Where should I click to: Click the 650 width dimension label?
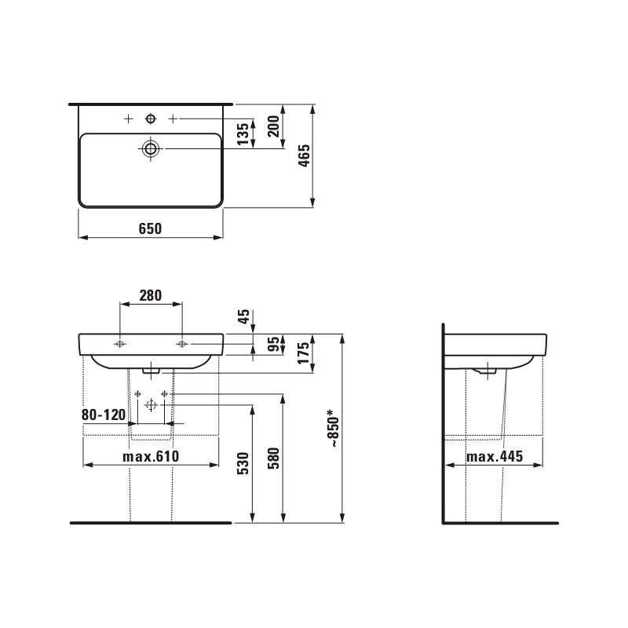tap(150, 228)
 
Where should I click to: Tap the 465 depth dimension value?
tap(305, 155)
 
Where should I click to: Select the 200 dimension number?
tap(273, 126)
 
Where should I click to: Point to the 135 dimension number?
tap(243, 134)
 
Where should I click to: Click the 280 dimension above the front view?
tap(151, 296)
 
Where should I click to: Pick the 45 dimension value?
tap(243, 316)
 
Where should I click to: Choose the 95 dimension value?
tap(274, 345)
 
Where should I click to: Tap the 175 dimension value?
tap(304, 352)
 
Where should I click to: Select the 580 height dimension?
tap(273, 458)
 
